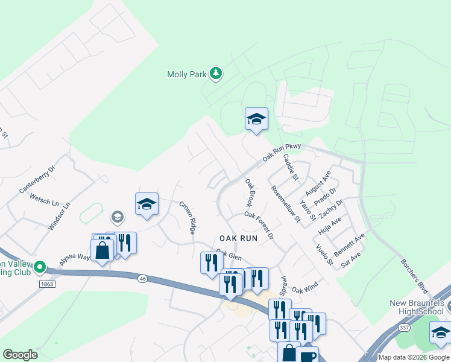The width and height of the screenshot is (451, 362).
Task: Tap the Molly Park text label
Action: coord(186,75)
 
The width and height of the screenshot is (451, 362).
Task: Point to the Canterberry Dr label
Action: coord(37,179)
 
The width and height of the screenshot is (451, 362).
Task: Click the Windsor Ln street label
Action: coord(59,215)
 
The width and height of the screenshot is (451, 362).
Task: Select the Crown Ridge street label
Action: coord(188,218)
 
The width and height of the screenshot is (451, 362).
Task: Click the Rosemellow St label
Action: coord(285,203)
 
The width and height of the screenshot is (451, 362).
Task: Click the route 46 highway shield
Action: coord(142,278)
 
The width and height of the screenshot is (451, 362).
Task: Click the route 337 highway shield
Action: coord(403,327)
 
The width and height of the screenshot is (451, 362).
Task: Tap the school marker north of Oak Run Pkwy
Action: coord(256,119)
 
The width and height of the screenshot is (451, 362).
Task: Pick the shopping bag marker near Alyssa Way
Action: coord(102,250)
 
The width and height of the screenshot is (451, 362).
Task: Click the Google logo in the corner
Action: coord(20,355)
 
